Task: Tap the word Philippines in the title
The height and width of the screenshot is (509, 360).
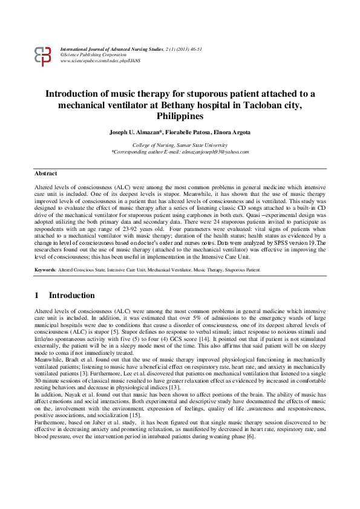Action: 180,115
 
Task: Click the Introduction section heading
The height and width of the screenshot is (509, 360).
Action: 71,296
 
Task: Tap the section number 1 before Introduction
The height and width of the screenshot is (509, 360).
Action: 37,296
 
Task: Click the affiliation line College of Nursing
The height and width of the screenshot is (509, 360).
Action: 180,145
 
